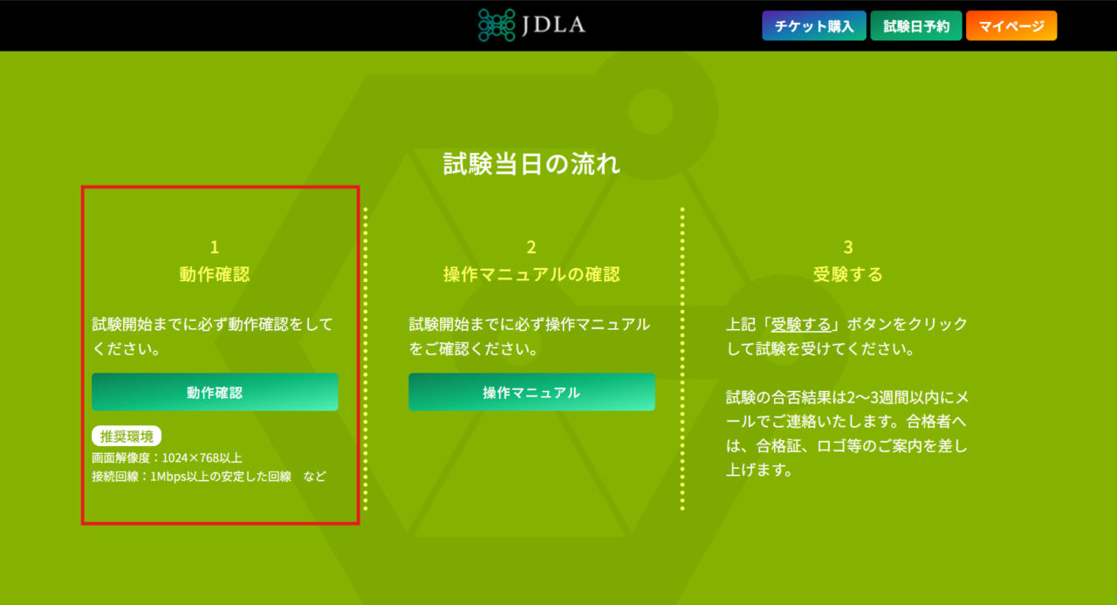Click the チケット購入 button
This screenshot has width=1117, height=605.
pos(812,26)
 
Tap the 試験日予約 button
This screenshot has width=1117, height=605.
pos(916,26)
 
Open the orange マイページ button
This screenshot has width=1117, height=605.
pos(1011,26)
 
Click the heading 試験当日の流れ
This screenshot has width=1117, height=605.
pos(531,164)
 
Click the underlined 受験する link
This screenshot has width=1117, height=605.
pos(801,324)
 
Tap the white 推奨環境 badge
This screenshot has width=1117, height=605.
pos(127,437)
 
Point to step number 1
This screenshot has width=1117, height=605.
pos(215,247)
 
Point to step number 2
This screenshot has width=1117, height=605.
pos(531,247)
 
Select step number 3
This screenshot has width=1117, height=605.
pos(848,247)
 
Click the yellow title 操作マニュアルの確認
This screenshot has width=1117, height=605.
pos(531,274)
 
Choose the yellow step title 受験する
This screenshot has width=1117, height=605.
pos(848,274)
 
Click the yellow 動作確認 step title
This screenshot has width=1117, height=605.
pos(215,274)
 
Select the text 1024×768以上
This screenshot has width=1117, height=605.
pos(202,457)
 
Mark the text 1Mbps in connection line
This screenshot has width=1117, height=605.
pos(170,477)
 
